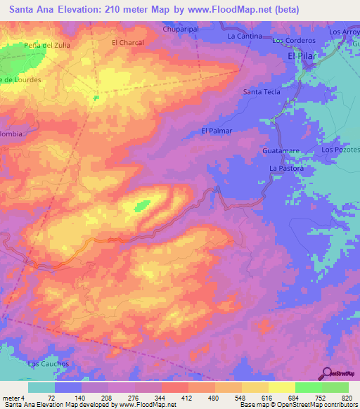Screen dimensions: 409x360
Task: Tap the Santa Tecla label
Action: click(262, 92)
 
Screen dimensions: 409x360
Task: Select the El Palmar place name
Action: click(217, 131)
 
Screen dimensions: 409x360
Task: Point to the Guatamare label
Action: click(281, 151)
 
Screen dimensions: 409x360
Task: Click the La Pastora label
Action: click(286, 169)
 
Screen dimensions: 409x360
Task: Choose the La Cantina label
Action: click(245, 36)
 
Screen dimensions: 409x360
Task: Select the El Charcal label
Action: click(128, 43)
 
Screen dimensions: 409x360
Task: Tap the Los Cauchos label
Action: click(48, 364)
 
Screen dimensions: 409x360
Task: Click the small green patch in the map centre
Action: click(143, 206)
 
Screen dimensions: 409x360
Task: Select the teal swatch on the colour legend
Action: click(41, 387)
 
